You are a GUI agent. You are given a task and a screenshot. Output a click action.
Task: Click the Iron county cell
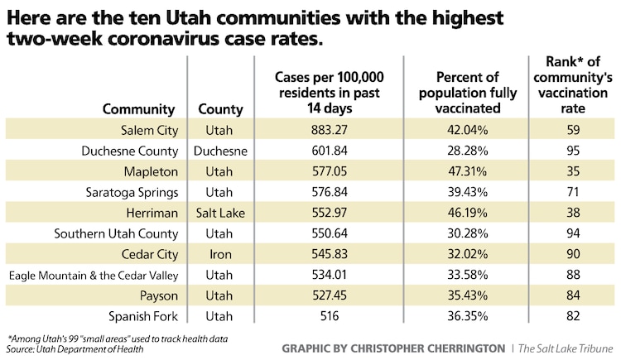point(221,254)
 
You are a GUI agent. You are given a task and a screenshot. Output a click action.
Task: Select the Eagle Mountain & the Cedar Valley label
point(94,275)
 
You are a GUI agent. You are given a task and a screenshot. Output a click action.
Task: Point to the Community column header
point(138,108)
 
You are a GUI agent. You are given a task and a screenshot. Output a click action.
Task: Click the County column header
point(221,108)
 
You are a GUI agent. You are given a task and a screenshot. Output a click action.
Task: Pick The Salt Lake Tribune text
point(566,348)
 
